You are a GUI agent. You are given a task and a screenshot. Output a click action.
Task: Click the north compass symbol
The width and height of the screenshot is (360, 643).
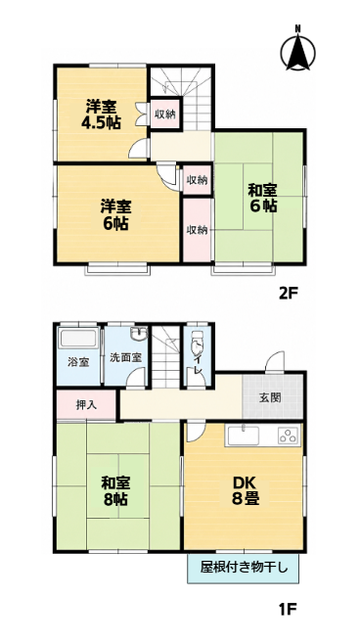pos(298,50)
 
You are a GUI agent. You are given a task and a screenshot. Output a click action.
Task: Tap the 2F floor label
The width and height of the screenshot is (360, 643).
pos(287,294)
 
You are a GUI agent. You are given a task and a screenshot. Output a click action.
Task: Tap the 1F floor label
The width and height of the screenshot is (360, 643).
pos(288,609)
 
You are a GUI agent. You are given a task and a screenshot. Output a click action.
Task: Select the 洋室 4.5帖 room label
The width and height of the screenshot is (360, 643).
pos(101,115)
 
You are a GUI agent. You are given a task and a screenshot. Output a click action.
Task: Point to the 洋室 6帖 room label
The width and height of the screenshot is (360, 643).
pos(116,215)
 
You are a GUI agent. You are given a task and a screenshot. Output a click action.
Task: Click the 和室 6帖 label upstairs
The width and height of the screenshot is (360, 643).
pos(262,199)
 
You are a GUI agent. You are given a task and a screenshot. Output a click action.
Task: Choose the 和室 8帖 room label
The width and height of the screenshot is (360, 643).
pos(116,491)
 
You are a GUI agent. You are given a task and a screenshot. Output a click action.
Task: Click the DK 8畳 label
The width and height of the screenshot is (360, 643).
pos(245,491)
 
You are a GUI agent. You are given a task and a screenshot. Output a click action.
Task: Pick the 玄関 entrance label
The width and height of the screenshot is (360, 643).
pos(270,397)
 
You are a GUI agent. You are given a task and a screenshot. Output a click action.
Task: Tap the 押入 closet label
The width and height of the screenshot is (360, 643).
pos(86,405)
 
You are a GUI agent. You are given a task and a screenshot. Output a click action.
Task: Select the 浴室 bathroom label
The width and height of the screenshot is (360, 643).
pos(78,362)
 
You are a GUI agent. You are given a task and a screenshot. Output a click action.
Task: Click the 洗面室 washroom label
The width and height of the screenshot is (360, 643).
pos(126,357)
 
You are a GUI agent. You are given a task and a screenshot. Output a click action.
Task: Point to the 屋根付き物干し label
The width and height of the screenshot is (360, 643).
pos(244,569)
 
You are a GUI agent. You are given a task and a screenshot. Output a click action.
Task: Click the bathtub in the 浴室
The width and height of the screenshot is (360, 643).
pos(78,339)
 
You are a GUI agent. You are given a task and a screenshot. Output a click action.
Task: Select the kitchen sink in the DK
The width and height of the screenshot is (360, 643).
pos(244,436)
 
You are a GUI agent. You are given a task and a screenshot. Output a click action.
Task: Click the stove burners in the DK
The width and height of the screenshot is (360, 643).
pos(288,436)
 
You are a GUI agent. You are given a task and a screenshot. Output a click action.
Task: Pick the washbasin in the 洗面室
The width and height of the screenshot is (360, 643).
pos(139,334)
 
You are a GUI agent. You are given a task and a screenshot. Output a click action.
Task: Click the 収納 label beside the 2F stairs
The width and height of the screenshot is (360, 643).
pos(164,115)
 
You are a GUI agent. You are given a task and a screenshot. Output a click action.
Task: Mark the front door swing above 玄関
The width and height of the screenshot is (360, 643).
pos(275,362)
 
